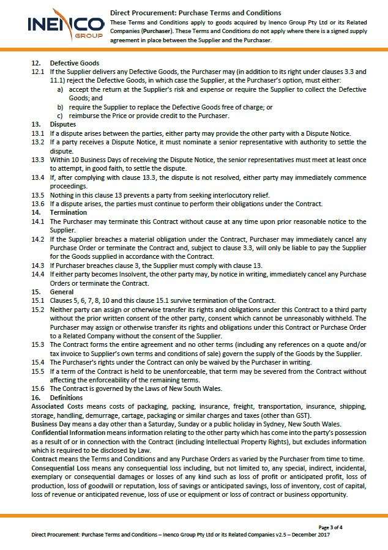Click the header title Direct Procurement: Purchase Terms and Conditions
click(x=196, y=12)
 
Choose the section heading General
click(x=62, y=292)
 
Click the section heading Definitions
click(x=66, y=398)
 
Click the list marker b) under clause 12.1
click(x=61, y=107)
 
